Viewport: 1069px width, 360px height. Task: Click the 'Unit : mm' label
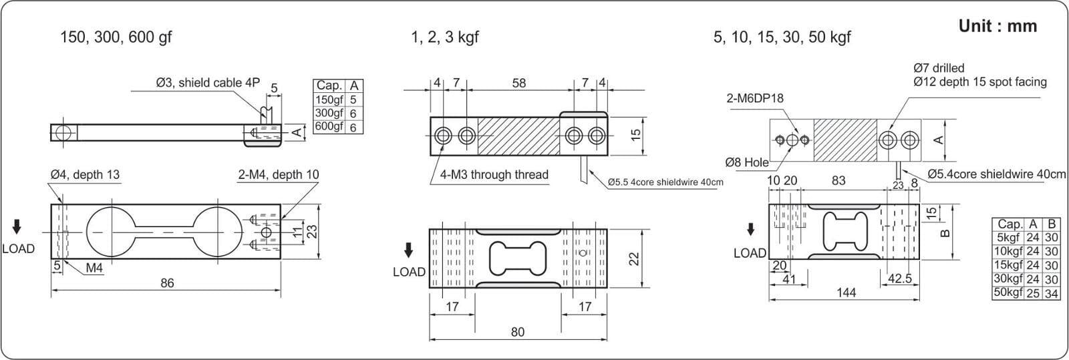point(998,26)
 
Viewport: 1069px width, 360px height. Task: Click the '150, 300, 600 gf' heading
point(116,37)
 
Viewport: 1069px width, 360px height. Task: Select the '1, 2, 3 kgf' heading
point(445,37)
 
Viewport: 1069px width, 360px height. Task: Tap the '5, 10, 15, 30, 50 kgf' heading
point(782,37)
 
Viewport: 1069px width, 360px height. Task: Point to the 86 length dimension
point(167,283)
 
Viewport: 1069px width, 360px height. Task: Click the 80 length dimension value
point(518,332)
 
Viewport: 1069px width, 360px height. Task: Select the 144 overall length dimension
point(846,293)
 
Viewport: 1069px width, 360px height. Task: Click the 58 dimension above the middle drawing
point(518,83)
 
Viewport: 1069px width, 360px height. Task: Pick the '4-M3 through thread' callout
point(494,175)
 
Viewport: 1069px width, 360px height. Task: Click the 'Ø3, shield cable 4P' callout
point(208,83)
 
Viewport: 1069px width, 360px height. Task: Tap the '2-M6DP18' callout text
point(755,98)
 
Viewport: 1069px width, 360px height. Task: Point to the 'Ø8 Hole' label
point(747,162)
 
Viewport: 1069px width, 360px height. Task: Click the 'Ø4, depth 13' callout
point(85,175)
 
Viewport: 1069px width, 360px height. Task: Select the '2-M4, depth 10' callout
point(279,175)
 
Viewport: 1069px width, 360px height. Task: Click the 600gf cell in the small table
point(329,126)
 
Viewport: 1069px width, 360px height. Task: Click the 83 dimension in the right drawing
point(838,180)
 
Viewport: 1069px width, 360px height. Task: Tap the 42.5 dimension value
point(900,279)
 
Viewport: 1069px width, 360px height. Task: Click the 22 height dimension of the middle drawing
point(635,258)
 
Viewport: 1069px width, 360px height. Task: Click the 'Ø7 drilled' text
point(939,68)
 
